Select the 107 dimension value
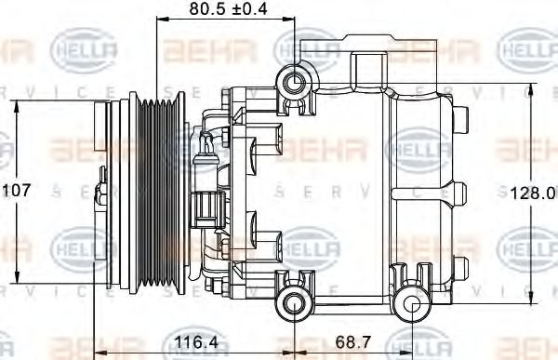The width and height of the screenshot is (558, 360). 17,190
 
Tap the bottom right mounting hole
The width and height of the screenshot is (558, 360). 409,301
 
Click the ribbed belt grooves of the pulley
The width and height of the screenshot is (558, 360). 160,191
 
